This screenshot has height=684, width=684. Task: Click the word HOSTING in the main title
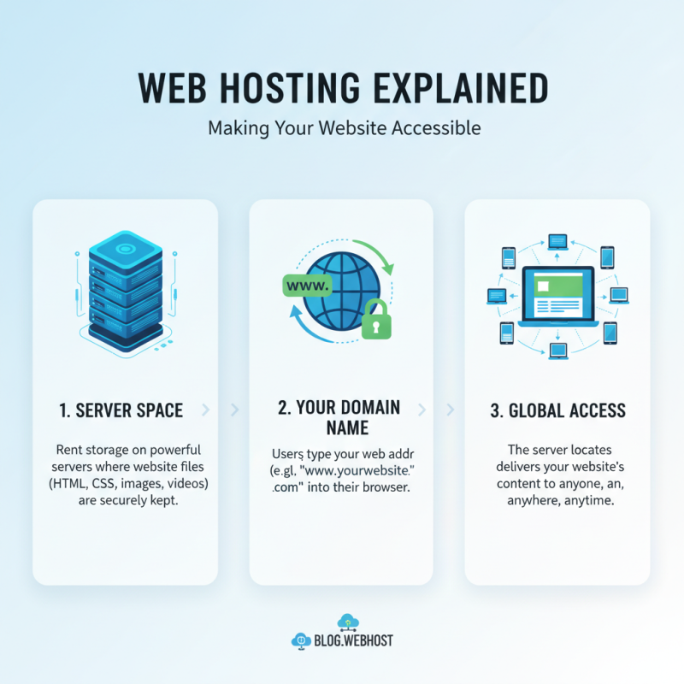[x=301, y=89]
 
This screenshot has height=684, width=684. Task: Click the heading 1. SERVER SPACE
[x=121, y=410]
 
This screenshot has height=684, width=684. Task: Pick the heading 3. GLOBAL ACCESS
[x=557, y=410]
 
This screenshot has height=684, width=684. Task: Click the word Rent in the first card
[x=71, y=450]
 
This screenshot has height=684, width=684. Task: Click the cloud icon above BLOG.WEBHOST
[x=347, y=621]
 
